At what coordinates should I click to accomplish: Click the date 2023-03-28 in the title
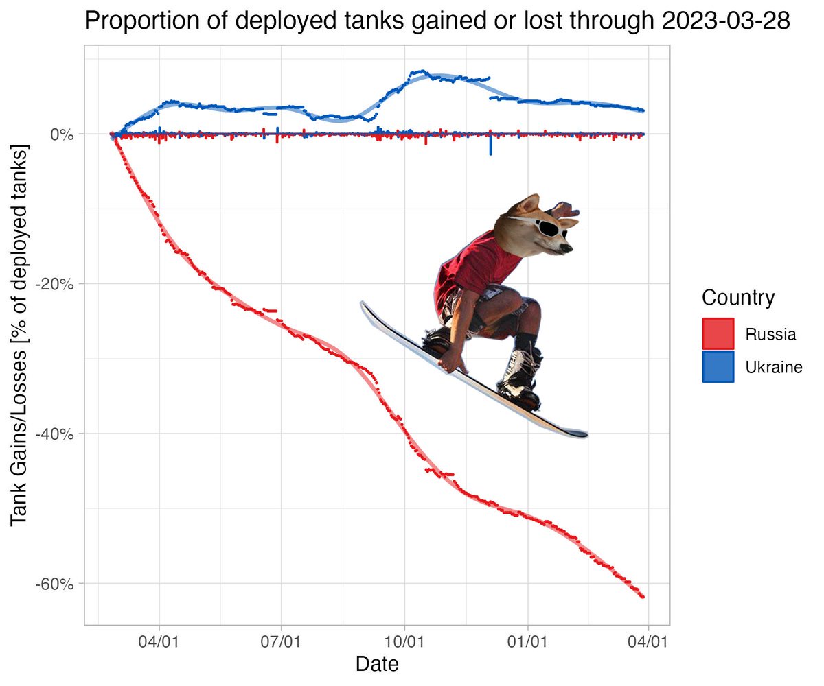[726, 21]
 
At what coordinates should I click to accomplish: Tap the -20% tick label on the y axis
[55, 284]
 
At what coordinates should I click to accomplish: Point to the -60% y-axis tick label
[55, 584]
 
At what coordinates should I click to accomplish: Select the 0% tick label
[62, 134]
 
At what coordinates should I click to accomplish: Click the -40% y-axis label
[55, 434]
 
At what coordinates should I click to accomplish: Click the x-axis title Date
[377, 664]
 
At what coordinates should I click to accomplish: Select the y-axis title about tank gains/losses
[19, 335]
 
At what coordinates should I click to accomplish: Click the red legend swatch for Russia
[718, 333]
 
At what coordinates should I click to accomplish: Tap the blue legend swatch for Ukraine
[718, 366]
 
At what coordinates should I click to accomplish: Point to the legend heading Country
[738, 298]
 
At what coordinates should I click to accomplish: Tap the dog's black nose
[567, 248]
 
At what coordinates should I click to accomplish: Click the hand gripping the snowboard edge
[453, 362]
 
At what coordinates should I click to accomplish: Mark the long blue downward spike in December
[490, 143]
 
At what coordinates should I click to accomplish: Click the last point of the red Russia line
[643, 597]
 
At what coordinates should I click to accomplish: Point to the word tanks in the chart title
[374, 21]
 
